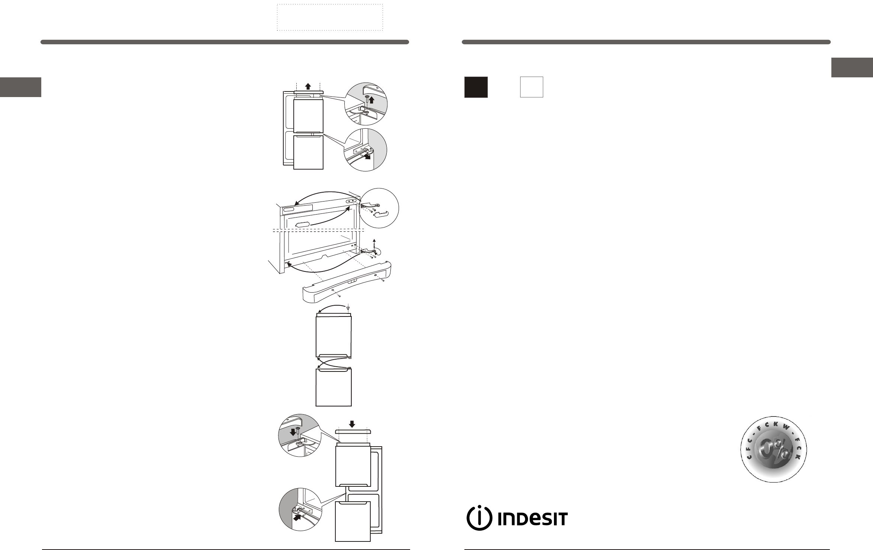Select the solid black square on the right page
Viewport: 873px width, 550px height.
pyautogui.click(x=476, y=87)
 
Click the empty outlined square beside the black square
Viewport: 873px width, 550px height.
pyautogui.click(x=531, y=87)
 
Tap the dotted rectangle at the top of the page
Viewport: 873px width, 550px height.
pyautogui.click(x=330, y=17)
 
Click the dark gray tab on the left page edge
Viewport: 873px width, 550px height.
pyautogui.click(x=20, y=87)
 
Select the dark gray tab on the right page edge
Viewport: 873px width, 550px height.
pyautogui.click(x=852, y=67)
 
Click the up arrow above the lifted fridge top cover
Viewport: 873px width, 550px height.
pyautogui.click(x=308, y=86)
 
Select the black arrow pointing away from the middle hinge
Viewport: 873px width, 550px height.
pyautogui.click(x=367, y=156)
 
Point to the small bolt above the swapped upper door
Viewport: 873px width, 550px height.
pyautogui.click(x=348, y=308)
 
